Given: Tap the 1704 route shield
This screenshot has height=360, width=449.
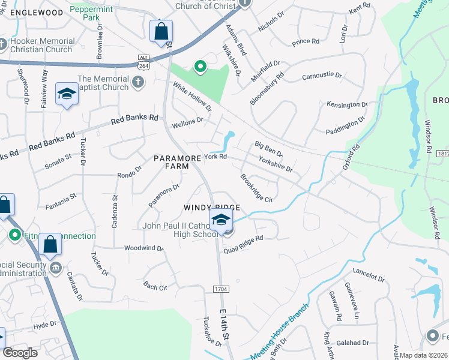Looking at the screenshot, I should click(x=220, y=289).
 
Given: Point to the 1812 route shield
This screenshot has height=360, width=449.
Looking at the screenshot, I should click(x=443, y=154).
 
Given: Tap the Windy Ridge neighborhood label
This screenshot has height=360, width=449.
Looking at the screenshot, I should click(x=212, y=208).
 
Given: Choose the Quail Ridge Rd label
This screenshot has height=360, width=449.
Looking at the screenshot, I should click(x=244, y=238).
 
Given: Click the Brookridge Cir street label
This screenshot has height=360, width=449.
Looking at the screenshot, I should click(x=256, y=188).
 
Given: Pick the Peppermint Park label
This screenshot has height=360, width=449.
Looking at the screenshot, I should click(x=92, y=13).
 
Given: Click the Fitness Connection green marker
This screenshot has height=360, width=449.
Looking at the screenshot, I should click(x=15, y=236).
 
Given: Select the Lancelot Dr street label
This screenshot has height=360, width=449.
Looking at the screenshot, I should click(x=369, y=277).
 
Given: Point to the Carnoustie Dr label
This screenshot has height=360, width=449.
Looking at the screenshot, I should click(x=322, y=76).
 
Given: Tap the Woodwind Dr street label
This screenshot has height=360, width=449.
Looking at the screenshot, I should click(x=143, y=248).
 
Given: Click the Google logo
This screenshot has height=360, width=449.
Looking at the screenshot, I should click(x=20, y=353).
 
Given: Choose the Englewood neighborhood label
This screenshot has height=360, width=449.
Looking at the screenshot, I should click(x=37, y=12).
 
